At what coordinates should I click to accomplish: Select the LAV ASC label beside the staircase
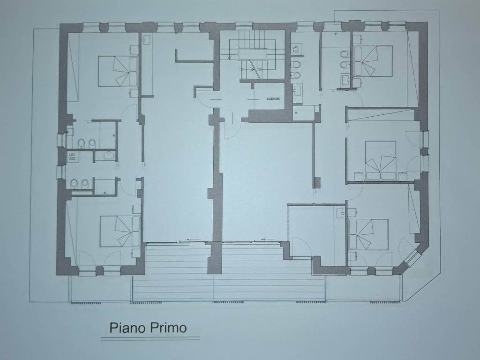[296, 48]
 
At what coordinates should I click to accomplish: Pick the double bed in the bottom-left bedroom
[120, 231]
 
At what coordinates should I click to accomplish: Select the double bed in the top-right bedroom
[372, 61]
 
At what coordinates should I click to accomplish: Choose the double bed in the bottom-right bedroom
[368, 234]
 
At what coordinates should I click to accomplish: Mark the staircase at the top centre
[252, 54]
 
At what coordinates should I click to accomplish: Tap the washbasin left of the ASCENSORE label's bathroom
[297, 90]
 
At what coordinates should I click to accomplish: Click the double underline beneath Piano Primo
[150, 338]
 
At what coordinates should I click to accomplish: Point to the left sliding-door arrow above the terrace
[193, 240]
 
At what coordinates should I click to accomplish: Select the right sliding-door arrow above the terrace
[266, 240]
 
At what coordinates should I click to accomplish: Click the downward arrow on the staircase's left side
[228, 57]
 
